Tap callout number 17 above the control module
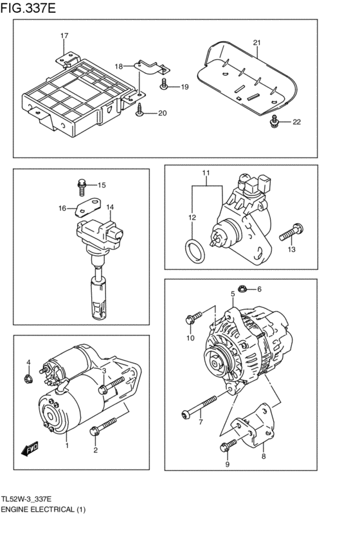click(64, 35)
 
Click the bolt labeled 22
click(274, 121)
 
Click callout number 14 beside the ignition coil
click(110, 207)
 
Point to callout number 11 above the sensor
click(206, 174)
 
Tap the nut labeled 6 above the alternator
click(242, 289)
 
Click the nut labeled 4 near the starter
click(29, 380)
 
